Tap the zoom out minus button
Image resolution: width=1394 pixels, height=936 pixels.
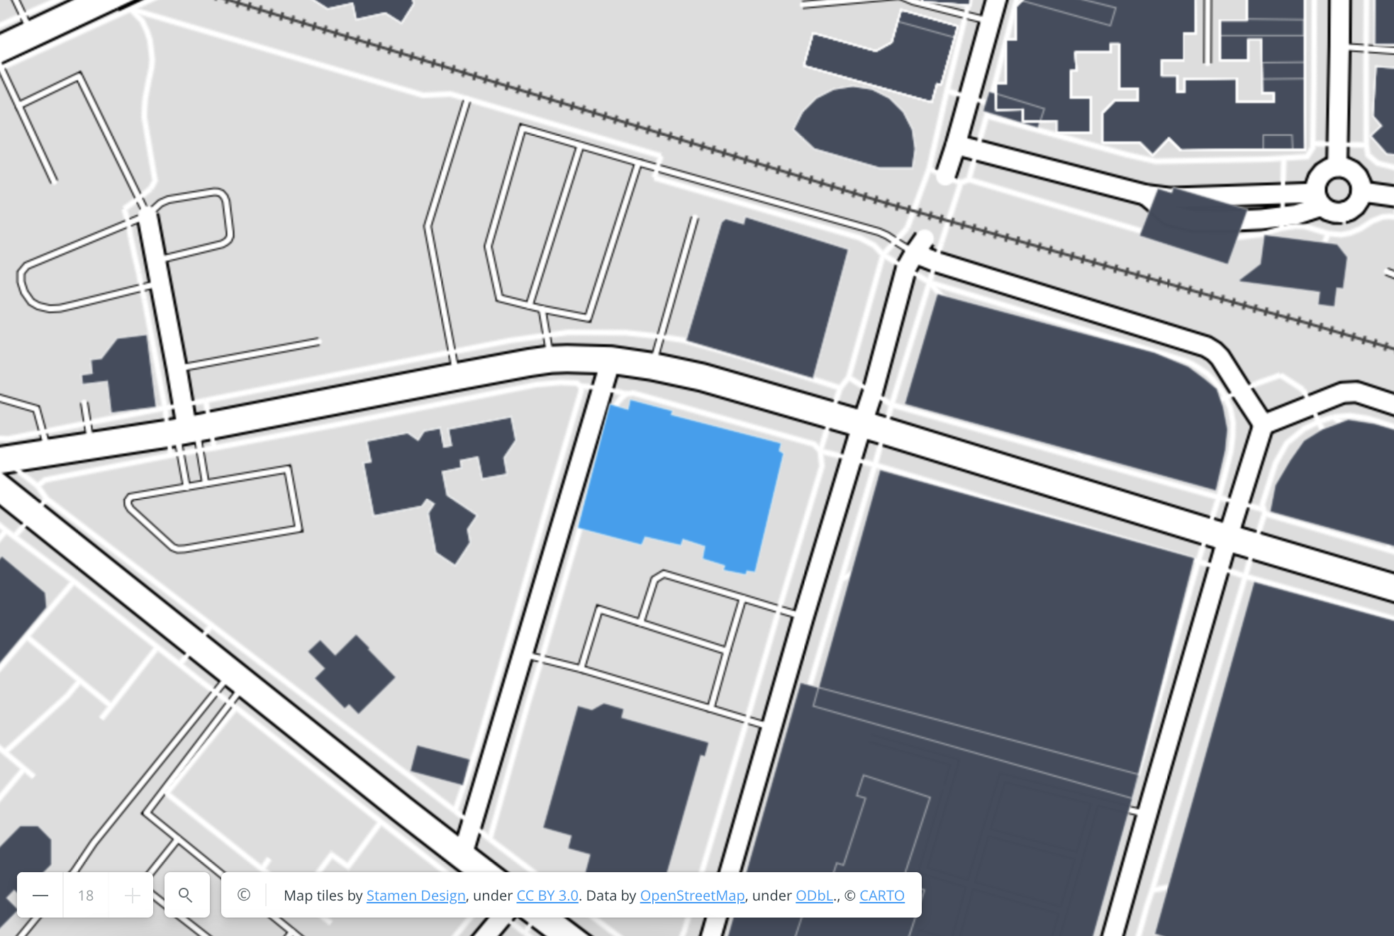(x=40, y=896)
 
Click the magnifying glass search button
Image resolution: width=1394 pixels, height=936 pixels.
(x=186, y=896)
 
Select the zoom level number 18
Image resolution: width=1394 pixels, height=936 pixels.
(x=86, y=896)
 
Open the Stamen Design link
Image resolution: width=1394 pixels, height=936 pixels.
(x=416, y=896)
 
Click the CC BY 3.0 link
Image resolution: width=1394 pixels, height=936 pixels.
(x=547, y=896)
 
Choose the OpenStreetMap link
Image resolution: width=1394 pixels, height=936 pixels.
(x=692, y=896)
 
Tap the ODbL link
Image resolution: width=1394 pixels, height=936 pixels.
(x=813, y=896)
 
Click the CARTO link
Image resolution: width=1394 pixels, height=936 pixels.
(x=881, y=896)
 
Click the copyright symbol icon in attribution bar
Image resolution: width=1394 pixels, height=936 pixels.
(x=244, y=895)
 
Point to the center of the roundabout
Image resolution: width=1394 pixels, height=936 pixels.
(x=1338, y=190)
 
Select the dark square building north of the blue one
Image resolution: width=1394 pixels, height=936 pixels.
(x=767, y=296)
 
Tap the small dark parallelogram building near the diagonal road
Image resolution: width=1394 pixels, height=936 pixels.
(x=440, y=765)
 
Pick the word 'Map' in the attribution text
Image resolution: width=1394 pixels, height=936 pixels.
(x=298, y=896)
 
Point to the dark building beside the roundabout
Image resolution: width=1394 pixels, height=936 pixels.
(x=1193, y=223)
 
